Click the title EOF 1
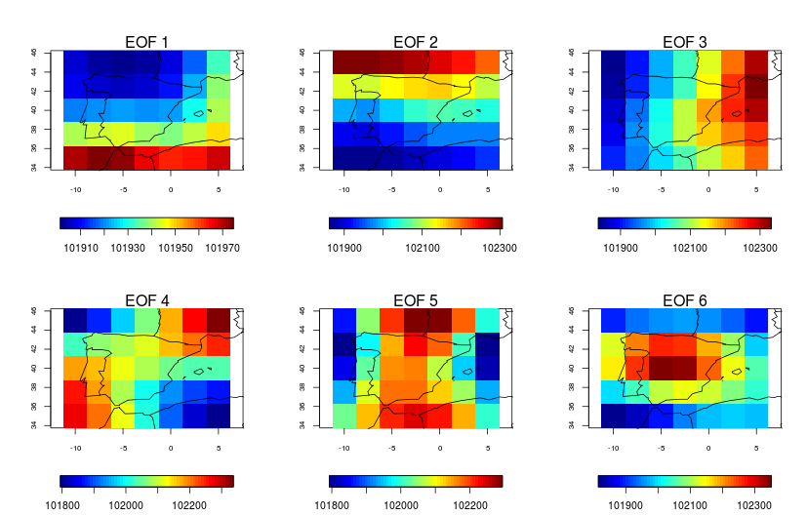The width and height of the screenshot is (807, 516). tap(146, 42)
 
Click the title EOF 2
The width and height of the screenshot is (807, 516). tap(416, 42)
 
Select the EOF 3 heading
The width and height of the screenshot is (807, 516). tap(685, 42)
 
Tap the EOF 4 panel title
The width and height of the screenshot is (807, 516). tap(146, 299)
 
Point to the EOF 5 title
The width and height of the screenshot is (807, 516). tap(416, 299)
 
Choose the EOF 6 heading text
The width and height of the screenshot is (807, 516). tap(685, 299)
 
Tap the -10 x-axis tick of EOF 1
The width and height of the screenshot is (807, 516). tap(75, 189)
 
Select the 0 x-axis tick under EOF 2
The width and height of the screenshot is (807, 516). tap(440, 189)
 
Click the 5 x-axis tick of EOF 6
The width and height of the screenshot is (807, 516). tap(757, 448)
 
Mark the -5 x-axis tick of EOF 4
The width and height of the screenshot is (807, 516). tap(123, 448)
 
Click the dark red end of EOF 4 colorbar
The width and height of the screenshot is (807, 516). tap(228, 481)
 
